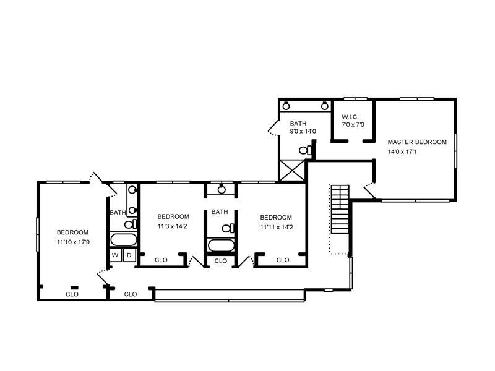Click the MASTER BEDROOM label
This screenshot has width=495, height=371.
[x=417, y=142]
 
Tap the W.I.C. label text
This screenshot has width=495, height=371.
[x=350, y=117]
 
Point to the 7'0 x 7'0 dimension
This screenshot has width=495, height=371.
[x=353, y=125]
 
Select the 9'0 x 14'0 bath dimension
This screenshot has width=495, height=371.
[x=303, y=131]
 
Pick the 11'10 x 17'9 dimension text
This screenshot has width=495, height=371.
[x=73, y=242]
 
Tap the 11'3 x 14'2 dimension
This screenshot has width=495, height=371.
[x=173, y=226]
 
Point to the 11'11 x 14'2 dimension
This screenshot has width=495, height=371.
[x=277, y=227]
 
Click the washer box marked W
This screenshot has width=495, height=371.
[x=115, y=255]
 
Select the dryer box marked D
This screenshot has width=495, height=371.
[x=129, y=255]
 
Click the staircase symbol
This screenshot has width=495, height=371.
[x=340, y=209]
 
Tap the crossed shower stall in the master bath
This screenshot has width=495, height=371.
[x=292, y=171]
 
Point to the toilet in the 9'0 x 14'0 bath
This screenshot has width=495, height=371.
[x=305, y=150]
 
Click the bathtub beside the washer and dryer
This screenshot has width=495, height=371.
[x=123, y=240]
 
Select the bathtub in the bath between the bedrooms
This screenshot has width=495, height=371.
[x=221, y=245]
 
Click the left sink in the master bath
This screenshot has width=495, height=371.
[x=286, y=106]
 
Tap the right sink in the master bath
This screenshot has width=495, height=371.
[x=324, y=106]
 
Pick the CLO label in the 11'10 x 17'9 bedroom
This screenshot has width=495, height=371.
[x=72, y=294]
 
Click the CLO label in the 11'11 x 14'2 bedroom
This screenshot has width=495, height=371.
[x=283, y=260]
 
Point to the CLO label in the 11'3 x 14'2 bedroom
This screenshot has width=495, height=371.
[x=161, y=260]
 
